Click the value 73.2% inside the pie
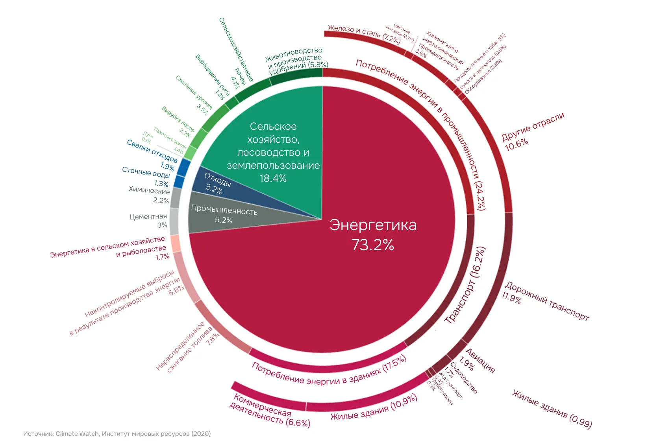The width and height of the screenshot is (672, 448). click(372, 245)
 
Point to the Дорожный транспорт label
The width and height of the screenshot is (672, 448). click(546, 301)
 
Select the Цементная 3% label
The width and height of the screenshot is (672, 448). click(148, 221)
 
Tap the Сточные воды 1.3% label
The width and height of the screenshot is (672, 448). click(146, 176)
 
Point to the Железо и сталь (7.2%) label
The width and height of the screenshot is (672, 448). click(364, 34)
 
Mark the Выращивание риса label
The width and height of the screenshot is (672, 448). click(213, 77)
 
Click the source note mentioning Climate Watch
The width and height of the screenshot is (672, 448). click(117, 434)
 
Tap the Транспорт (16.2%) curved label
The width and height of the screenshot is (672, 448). click(465, 286)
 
